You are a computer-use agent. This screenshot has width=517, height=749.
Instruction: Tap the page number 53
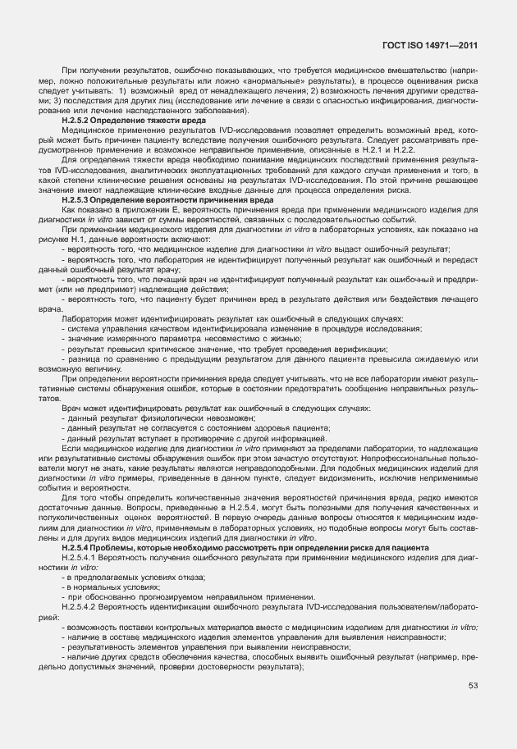coord(473,686)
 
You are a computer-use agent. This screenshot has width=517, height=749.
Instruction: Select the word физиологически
coord(152,418)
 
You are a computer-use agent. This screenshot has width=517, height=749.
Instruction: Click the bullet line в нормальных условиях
coord(108,587)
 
